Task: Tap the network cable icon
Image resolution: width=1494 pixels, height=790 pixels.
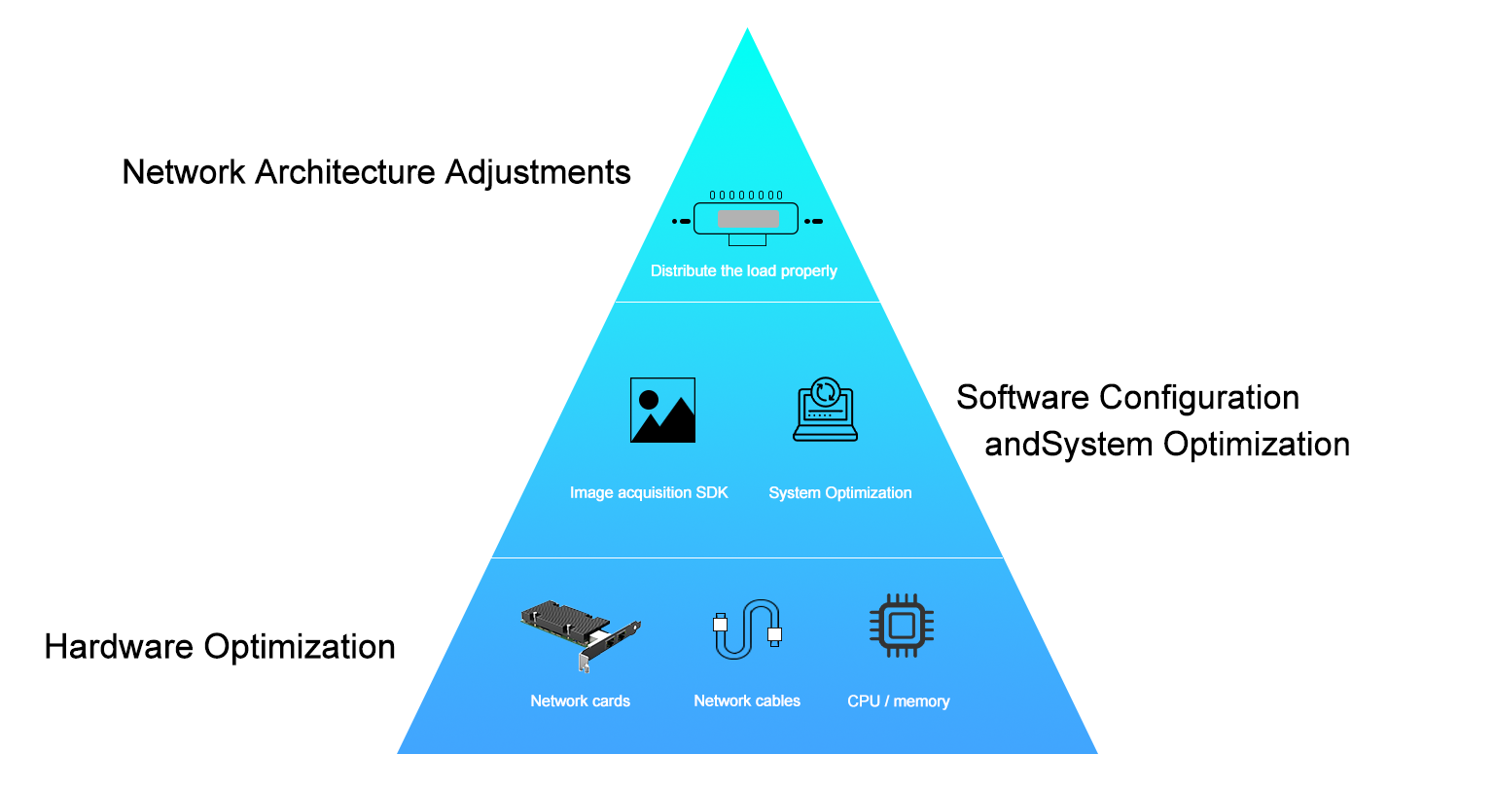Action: [x=747, y=628]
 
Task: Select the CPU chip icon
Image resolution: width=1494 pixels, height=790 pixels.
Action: [x=901, y=626]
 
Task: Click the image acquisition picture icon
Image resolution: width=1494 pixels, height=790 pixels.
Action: [x=662, y=411]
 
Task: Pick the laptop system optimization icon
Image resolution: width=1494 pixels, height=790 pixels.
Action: [x=825, y=410]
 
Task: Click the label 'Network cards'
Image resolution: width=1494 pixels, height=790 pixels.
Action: [x=580, y=701]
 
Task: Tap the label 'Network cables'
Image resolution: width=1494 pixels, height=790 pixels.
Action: [x=747, y=701]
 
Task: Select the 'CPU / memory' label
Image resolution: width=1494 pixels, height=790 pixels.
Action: [x=898, y=701]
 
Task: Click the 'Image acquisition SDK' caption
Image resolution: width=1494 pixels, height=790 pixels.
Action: [x=649, y=493]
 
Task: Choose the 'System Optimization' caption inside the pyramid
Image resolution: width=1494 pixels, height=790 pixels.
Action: [x=839, y=493]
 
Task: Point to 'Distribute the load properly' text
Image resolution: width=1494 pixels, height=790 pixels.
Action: [x=743, y=271]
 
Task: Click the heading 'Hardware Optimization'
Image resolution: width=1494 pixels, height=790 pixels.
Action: [x=220, y=647]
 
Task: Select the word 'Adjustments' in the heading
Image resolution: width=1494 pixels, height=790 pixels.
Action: [x=538, y=172]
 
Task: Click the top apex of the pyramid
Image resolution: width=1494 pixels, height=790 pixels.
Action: [x=747, y=31]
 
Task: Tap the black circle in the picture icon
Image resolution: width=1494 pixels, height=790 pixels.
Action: [x=649, y=399]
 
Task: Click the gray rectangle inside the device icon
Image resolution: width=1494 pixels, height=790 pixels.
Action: [x=748, y=219]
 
